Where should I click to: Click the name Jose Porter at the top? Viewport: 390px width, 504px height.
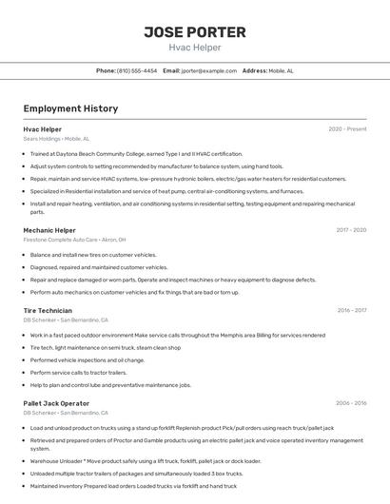pos(194,31)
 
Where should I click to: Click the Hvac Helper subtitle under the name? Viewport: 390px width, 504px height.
pos(194,46)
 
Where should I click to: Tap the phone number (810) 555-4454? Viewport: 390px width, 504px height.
pos(137,70)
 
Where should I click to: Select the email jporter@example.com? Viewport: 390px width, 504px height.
pos(208,70)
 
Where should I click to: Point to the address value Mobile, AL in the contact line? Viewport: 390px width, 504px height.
pos(281,70)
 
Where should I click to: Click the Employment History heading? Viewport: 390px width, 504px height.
pos(70,108)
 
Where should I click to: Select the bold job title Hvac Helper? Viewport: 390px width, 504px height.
pos(42,129)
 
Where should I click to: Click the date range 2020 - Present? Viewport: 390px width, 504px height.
pos(347,129)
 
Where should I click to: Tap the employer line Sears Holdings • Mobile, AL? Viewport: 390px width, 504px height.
pos(57,139)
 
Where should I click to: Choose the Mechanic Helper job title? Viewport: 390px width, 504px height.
pos(49,230)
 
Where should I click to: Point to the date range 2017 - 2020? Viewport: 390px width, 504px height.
pos(351,230)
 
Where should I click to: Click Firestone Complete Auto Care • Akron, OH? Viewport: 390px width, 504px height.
pos(74,240)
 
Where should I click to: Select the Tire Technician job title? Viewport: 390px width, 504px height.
pos(48,310)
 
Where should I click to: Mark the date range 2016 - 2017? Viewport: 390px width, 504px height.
pos(351,310)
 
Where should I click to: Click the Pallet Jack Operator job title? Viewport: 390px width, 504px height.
pos(56,403)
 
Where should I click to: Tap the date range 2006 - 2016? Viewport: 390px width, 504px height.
pos(350,403)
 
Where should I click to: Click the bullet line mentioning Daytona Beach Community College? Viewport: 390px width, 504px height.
pos(136,153)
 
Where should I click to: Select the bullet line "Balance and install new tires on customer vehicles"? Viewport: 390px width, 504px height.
pos(93,255)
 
